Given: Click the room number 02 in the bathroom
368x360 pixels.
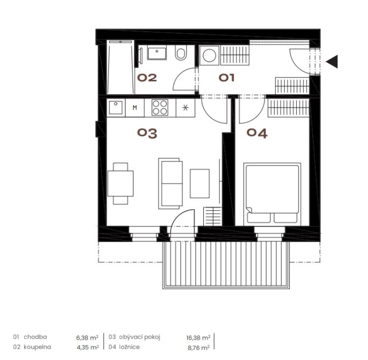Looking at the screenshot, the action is [147, 77].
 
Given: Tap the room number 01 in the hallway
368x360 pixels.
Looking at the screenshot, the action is [226, 78].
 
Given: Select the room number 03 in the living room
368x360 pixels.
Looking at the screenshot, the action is [147, 133].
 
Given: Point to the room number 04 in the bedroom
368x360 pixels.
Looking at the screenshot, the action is [257, 133].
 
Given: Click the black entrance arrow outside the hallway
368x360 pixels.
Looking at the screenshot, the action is [332, 62].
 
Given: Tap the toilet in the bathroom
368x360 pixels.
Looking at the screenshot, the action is [181, 53].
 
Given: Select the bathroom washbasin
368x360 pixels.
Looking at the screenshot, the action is [157, 54].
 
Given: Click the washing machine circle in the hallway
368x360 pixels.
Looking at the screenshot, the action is [209, 56].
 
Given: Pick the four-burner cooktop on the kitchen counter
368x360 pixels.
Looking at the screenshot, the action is [160, 108].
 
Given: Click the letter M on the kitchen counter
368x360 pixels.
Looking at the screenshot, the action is [135, 108].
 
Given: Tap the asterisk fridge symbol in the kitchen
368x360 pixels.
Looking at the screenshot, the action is [186, 108].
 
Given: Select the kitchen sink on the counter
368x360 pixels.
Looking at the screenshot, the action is [116, 107].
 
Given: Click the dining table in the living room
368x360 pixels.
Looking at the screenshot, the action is [120, 183].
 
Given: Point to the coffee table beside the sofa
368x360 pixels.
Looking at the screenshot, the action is [200, 183].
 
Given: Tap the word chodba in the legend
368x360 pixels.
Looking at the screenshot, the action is [35, 337].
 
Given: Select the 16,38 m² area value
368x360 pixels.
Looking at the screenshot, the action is [198, 337].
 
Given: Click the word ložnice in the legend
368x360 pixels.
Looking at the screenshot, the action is [129, 347].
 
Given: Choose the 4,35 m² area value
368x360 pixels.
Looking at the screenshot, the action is [87, 348].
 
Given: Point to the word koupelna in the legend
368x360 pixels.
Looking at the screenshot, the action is [38, 347].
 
